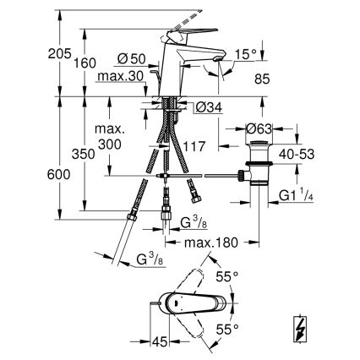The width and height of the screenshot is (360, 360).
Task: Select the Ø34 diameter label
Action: pos(208,106)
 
